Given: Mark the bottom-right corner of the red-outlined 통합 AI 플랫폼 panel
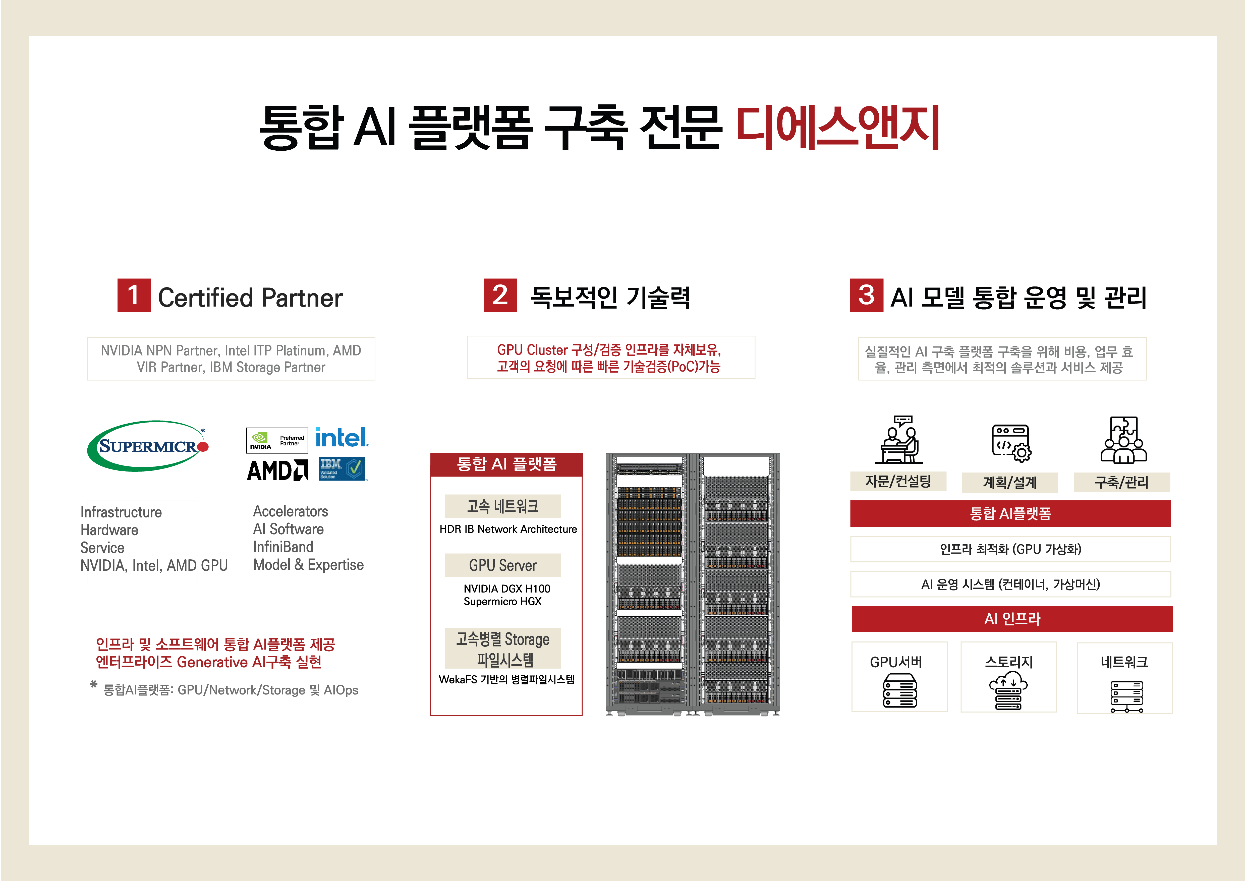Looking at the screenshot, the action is tap(582, 716).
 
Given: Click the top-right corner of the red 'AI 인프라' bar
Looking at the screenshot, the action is tap(1173, 606).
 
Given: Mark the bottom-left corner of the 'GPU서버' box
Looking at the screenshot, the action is tap(852, 711).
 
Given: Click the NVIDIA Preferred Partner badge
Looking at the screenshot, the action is tap(277, 440).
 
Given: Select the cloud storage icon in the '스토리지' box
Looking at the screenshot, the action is tap(1008, 690).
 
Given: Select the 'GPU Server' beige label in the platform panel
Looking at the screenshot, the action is tap(502, 565).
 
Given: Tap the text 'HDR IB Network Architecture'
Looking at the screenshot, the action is tap(508, 529).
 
